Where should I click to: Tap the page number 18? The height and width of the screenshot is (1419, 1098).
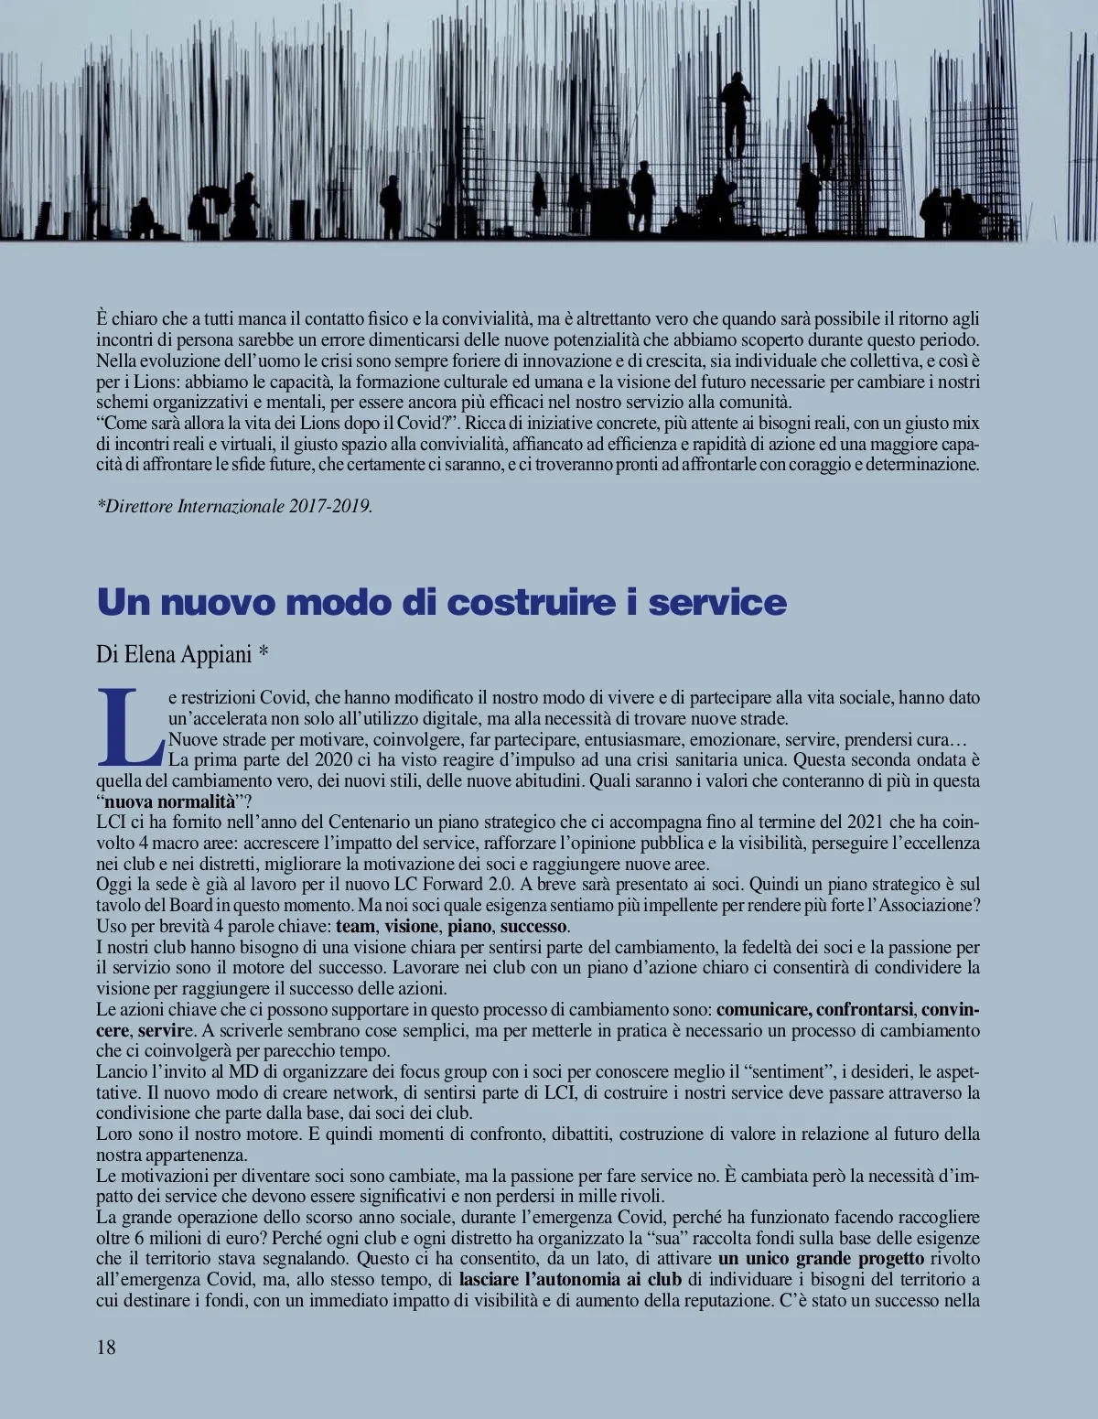click(106, 1346)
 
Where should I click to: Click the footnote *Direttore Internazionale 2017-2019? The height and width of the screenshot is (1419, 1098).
click(234, 506)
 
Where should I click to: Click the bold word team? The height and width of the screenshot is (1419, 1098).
click(355, 926)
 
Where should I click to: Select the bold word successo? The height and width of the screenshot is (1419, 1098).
click(533, 926)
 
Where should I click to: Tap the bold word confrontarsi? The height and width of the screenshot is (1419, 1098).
click(865, 1009)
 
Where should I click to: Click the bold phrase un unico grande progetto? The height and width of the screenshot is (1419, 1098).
click(822, 1258)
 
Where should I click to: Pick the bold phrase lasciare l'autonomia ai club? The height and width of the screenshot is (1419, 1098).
click(570, 1279)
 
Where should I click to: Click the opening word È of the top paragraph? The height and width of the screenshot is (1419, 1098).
click(102, 318)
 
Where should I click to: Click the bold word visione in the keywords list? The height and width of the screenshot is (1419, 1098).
click(411, 926)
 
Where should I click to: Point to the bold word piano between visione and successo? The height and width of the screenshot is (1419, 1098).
click(469, 926)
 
